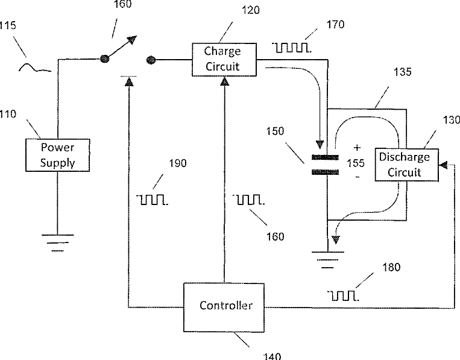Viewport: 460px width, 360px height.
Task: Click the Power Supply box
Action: (x=57, y=155)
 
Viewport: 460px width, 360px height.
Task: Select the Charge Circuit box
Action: (x=224, y=60)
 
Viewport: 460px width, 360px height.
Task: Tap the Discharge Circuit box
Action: (x=407, y=165)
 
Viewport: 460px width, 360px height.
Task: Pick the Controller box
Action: (x=224, y=307)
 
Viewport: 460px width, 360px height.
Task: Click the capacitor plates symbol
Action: (x=325, y=165)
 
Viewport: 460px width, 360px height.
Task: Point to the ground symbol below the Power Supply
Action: (x=57, y=243)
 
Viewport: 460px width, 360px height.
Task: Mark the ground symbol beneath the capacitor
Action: (x=328, y=260)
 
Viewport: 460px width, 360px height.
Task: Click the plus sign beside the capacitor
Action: (x=357, y=148)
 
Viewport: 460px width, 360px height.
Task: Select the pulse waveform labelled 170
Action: (x=292, y=48)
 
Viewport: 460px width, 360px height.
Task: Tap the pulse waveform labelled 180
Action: (x=343, y=295)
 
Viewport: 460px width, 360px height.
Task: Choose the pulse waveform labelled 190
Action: (x=152, y=200)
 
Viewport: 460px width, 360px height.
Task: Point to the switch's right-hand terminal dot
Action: (x=151, y=60)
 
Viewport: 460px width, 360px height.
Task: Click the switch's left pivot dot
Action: (x=105, y=58)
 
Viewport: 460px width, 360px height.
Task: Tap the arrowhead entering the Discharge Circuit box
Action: (x=443, y=165)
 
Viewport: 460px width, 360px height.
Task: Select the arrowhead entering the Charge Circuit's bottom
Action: (x=224, y=81)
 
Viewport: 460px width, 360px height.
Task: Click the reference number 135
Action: (x=402, y=72)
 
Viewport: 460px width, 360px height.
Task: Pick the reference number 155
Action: (x=356, y=163)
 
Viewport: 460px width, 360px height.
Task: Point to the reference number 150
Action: (x=275, y=131)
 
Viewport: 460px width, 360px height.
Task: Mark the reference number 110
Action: (x=8, y=114)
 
